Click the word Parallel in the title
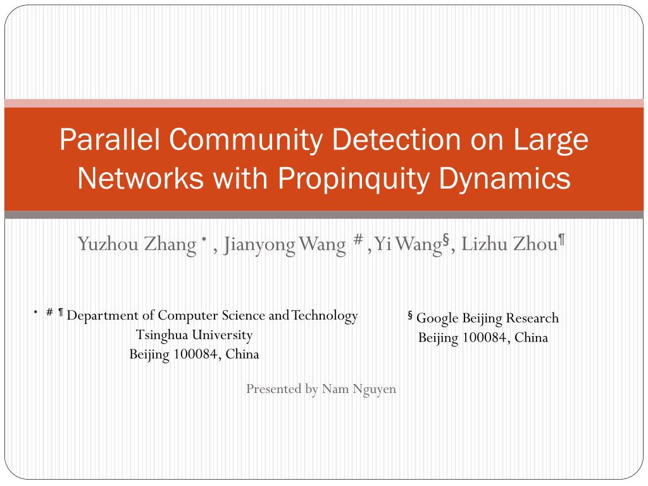click(x=109, y=140)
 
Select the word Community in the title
click(x=246, y=140)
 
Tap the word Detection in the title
click(x=396, y=140)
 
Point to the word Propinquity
click(x=354, y=179)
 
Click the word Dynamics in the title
click(x=504, y=179)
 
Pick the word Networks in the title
click(x=140, y=178)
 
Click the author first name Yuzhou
click(x=108, y=244)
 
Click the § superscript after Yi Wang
click(x=446, y=239)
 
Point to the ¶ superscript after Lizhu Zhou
click(x=562, y=240)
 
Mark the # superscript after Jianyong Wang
click(x=358, y=239)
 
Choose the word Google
click(x=437, y=319)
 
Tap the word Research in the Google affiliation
click(x=532, y=318)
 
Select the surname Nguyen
click(x=375, y=390)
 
